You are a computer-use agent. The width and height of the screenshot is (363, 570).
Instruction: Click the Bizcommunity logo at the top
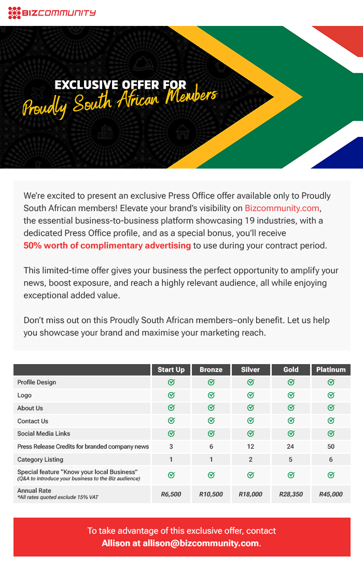click(52, 12)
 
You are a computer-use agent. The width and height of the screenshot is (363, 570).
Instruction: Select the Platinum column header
click(331, 370)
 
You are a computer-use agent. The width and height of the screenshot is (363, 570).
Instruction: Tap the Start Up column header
click(171, 370)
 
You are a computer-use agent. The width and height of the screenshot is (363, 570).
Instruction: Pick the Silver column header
click(250, 370)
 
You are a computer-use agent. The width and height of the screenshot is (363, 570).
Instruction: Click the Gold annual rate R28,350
click(291, 494)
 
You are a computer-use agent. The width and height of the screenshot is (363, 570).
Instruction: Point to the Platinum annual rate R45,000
click(331, 494)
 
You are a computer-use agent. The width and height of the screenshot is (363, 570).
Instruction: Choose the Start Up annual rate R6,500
click(171, 494)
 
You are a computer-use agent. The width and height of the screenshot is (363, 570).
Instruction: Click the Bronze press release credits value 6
click(211, 447)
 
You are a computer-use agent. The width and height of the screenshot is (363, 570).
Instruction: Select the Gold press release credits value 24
click(291, 447)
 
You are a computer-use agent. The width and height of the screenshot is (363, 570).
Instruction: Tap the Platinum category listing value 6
click(331, 460)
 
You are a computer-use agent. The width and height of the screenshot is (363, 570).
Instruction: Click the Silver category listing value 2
click(250, 460)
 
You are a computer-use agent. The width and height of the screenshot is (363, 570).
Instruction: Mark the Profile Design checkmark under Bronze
click(211, 382)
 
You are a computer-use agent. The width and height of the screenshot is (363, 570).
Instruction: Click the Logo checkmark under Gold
click(291, 395)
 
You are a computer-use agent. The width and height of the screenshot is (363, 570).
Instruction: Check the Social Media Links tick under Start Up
click(171, 434)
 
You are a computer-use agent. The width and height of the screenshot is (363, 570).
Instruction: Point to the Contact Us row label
click(33, 421)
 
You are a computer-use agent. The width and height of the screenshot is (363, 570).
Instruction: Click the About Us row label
click(30, 408)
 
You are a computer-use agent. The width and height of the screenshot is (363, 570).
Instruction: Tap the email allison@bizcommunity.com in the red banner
click(201, 544)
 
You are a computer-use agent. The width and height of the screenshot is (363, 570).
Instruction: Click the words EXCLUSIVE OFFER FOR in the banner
click(120, 85)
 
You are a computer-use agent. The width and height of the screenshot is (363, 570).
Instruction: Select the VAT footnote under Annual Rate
click(58, 497)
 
